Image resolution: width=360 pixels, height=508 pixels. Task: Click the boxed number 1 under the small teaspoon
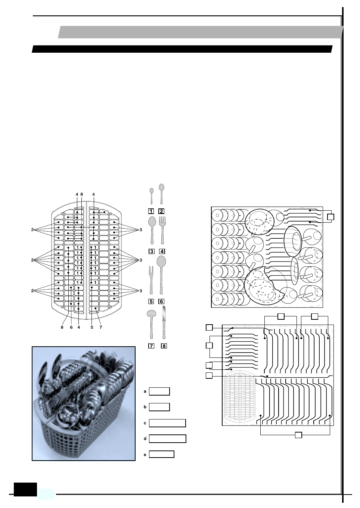tap(151, 211)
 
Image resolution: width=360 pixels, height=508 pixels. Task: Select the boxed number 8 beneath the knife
tap(164, 346)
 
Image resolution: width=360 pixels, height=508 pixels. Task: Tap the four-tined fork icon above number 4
tap(162, 230)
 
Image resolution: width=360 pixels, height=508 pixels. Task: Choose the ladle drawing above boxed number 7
tap(151, 323)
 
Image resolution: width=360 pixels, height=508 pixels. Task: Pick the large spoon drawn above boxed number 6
tap(161, 275)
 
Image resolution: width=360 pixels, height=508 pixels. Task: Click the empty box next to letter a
tap(159, 391)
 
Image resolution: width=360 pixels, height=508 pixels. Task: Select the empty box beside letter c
tap(167, 423)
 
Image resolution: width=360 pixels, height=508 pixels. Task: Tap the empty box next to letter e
tap(161, 454)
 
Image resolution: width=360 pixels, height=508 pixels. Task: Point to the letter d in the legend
tap(145, 439)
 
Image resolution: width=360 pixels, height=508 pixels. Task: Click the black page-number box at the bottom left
tap(25, 489)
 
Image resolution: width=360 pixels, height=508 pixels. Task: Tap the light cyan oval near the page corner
tap(46, 494)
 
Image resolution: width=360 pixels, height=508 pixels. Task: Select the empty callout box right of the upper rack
tap(330, 217)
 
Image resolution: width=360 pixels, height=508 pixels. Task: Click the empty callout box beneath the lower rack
tap(298, 435)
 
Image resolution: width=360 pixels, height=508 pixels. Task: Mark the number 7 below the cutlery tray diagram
tap(100, 328)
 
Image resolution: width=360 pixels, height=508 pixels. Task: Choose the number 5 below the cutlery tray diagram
tap(91, 328)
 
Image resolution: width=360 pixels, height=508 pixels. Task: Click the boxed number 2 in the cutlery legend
tap(161, 211)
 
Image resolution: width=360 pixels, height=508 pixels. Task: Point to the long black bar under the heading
tap(182, 49)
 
